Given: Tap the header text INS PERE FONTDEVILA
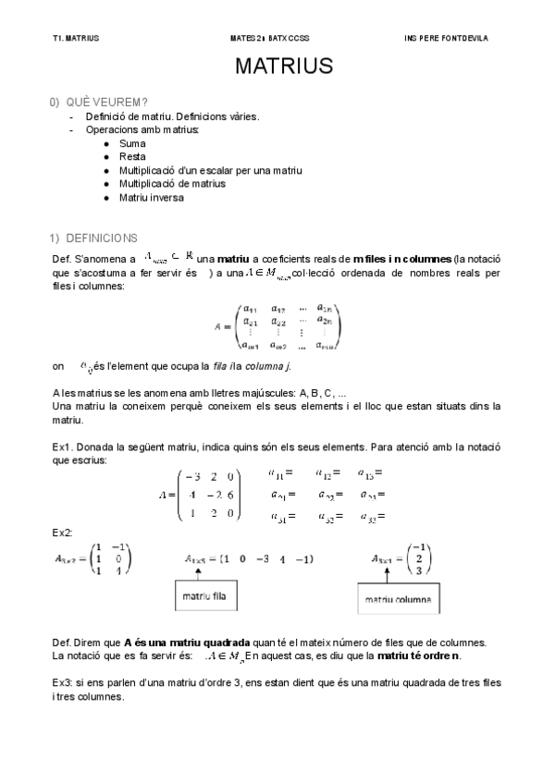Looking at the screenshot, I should (x=447, y=39).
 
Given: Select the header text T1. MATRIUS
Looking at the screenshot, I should (x=76, y=39).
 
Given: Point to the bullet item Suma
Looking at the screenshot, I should (x=132, y=144).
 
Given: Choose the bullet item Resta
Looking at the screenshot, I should (x=132, y=157).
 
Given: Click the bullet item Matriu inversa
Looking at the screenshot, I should (x=151, y=197).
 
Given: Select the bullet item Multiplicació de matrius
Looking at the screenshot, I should (x=172, y=184).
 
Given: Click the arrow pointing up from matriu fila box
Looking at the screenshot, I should (x=197, y=573).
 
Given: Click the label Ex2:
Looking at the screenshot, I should (x=63, y=533).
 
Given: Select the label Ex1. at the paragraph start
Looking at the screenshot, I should (x=63, y=447).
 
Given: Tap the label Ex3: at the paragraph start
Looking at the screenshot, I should (x=64, y=682).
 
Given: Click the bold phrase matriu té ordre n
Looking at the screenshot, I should (x=419, y=656).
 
